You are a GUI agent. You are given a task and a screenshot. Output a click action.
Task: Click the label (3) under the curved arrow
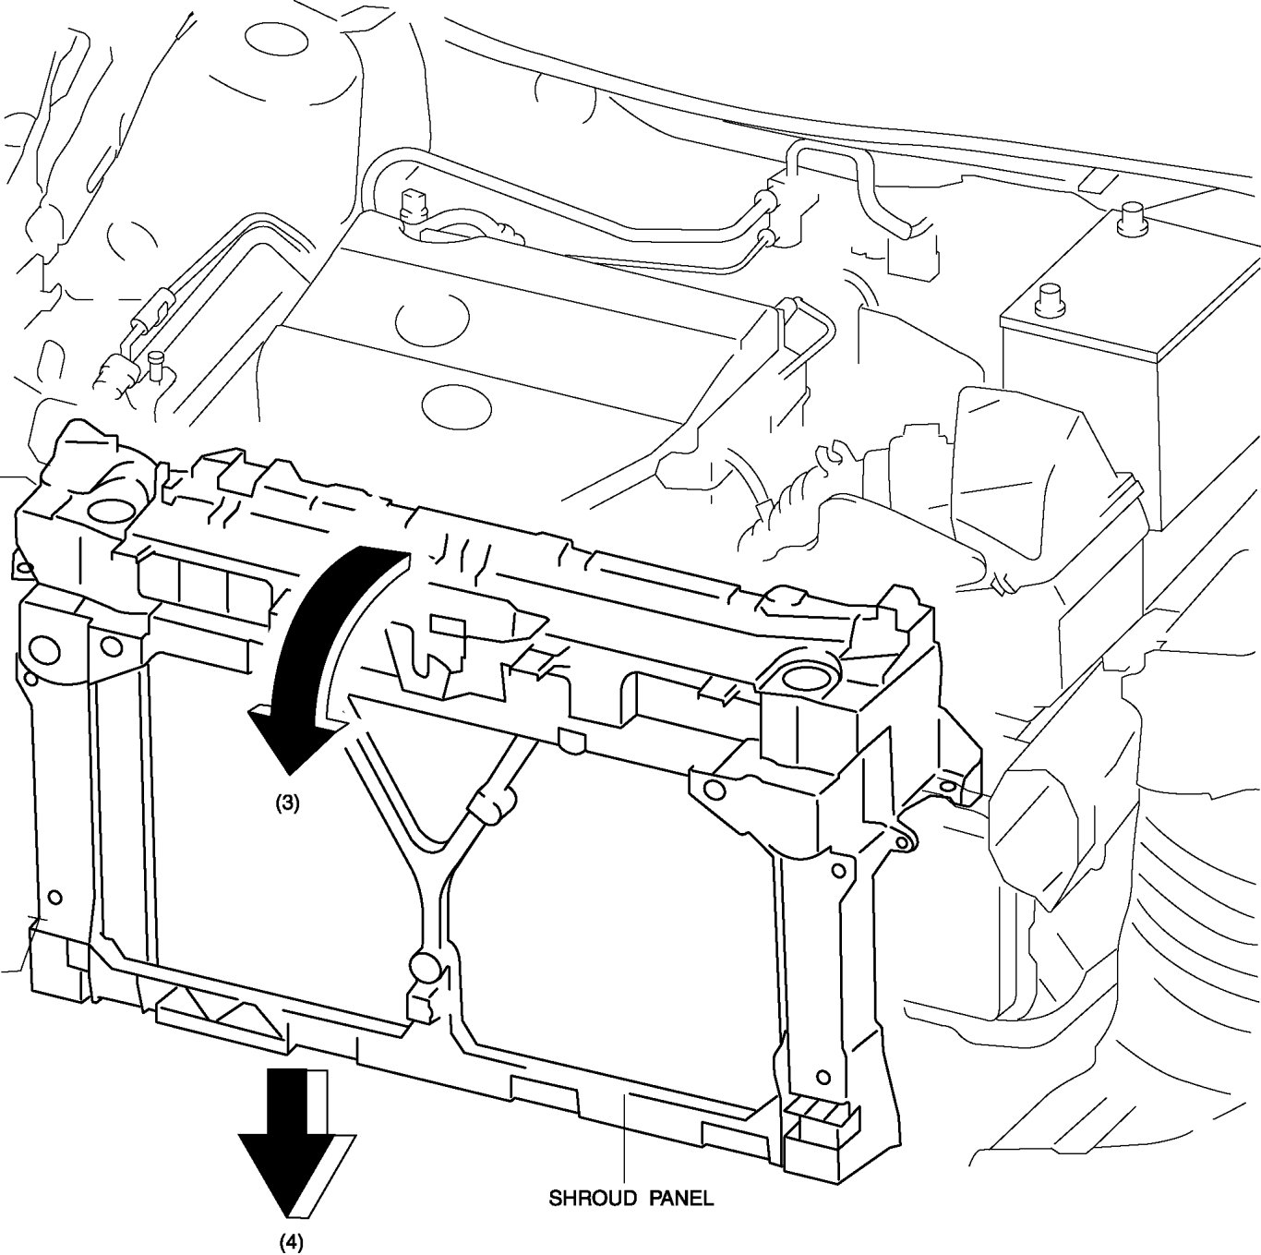tap(286, 803)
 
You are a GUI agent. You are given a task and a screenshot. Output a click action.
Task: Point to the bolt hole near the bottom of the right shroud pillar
tap(823, 1077)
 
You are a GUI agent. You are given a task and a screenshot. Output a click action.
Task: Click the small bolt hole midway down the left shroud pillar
tap(55, 897)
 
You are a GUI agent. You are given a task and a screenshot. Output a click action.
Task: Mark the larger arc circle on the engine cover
tap(432, 320)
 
